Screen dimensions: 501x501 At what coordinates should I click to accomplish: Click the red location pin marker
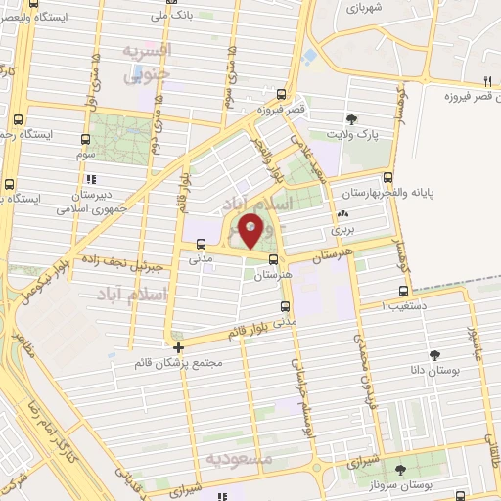tap(251, 231)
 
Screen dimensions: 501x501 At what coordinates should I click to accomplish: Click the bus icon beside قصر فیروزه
tap(282, 95)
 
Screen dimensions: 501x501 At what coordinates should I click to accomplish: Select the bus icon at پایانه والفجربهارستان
tap(389, 178)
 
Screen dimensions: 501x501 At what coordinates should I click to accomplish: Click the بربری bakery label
tap(342, 228)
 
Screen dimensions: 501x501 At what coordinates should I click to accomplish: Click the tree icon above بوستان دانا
tap(434, 355)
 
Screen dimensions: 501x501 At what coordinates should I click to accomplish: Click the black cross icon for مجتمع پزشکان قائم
tap(177, 346)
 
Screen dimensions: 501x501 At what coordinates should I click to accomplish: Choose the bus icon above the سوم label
tap(85, 140)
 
